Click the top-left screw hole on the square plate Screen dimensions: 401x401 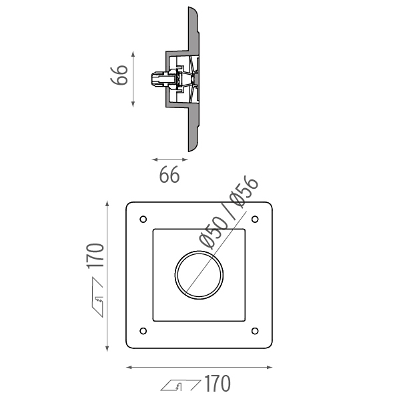point(143,219)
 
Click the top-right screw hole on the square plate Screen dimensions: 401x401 point(255,219)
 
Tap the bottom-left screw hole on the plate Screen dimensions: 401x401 point(143,331)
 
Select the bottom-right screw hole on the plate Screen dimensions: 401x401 point(255,331)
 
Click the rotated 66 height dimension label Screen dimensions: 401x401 point(119,75)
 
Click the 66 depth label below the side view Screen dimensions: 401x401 point(169,175)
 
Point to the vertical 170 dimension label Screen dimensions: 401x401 point(95,256)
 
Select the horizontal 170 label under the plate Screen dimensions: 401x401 point(218,384)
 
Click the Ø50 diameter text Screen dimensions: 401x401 point(213,233)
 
